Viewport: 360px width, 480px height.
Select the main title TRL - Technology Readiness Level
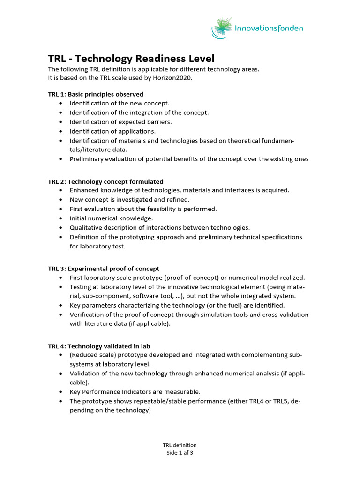pos(131,59)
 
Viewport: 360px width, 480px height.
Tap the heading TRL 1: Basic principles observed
pos(96,94)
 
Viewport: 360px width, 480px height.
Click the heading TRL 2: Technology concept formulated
pos(105,181)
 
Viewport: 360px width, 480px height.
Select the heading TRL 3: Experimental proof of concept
pos(104,269)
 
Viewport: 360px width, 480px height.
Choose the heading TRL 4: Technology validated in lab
pos(99,346)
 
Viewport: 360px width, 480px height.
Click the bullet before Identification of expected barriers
pos(62,122)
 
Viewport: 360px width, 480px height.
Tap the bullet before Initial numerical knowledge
pos(62,218)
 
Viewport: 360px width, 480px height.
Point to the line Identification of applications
pos(112,131)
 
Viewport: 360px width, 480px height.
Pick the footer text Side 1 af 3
pos(180,453)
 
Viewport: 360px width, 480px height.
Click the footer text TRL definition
pos(180,445)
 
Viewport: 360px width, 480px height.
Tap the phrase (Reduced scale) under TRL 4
pos(91,355)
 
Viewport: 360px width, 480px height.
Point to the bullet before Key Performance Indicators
pos(62,391)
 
